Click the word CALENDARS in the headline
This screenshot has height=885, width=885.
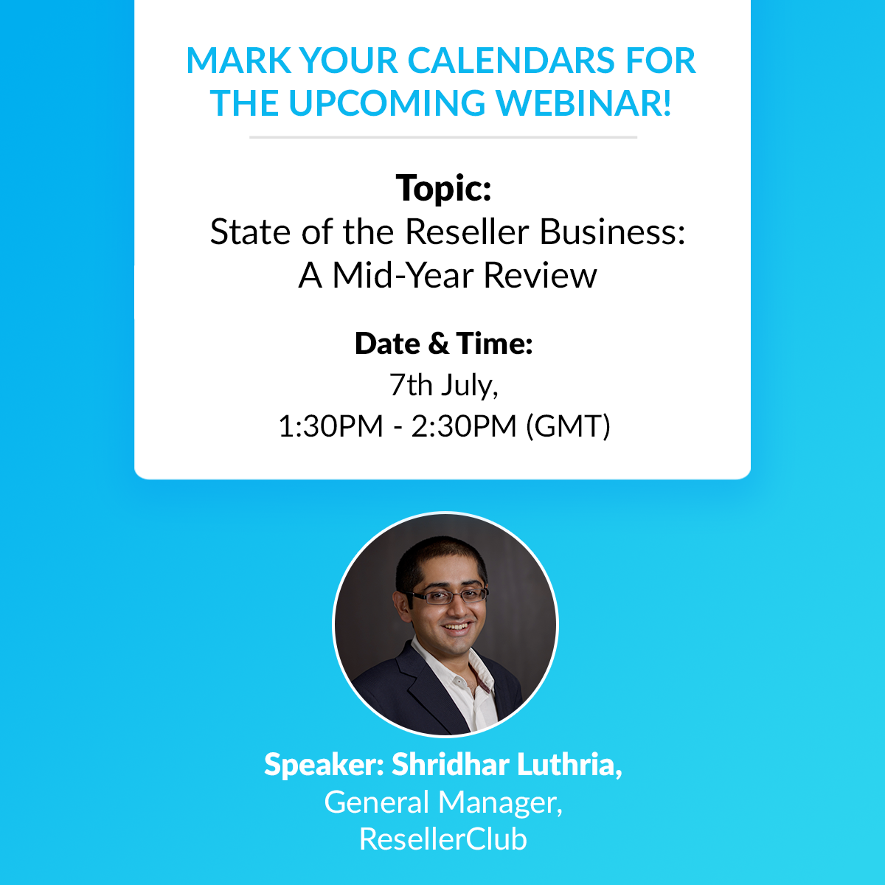pyautogui.click(x=510, y=60)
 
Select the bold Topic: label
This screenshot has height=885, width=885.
pyautogui.click(x=443, y=188)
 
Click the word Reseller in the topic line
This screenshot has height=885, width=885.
pyautogui.click(x=467, y=232)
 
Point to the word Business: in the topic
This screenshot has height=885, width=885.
pyautogui.click(x=612, y=232)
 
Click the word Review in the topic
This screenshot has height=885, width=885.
pyautogui.click(x=540, y=276)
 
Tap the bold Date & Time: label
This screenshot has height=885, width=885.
pyautogui.click(x=444, y=344)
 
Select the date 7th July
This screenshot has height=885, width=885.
pyautogui.click(x=443, y=386)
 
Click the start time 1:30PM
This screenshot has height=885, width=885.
pyautogui.click(x=330, y=426)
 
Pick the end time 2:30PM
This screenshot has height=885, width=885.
pyautogui.click(x=464, y=426)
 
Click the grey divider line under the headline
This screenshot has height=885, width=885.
pyautogui.click(x=443, y=137)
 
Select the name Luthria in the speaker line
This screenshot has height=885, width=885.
pyautogui.click(x=570, y=764)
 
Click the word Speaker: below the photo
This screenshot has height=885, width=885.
pyautogui.click(x=324, y=766)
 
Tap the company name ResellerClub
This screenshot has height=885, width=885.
pyautogui.click(x=442, y=839)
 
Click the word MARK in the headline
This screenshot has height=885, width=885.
pyautogui.click(x=239, y=60)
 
